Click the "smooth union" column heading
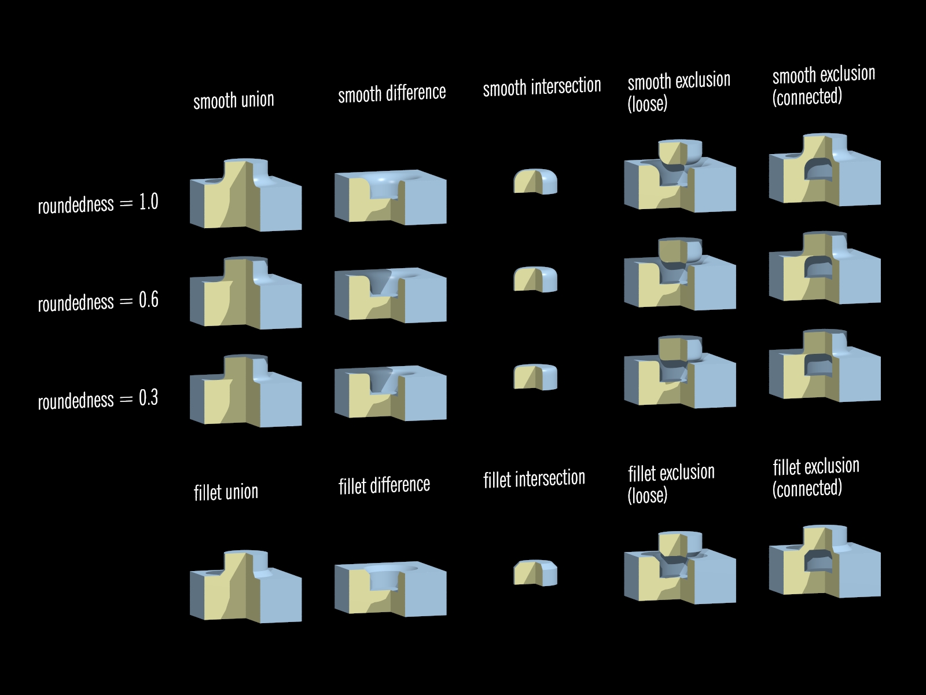pyautogui.click(x=233, y=101)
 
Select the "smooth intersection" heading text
pyautogui.click(x=542, y=87)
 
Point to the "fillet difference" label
pyautogui.click(x=384, y=485)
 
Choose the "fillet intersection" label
pyautogui.click(x=534, y=479)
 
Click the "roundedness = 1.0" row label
pyautogui.click(x=98, y=203)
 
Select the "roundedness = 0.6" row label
pyautogui.click(x=98, y=302)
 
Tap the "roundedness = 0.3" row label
pyautogui.click(x=98, y=400)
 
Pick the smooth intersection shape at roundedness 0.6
pyautogui.click(x=535, y=279)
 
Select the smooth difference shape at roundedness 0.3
pyautogui.click(x=390, y=394)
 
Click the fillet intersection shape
pyautogui.click(x=535, y=572)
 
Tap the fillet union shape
pyautogui.click(x=245, y=587)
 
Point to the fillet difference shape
pyautogui.click(x=390, y=590)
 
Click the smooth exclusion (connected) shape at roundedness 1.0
pyautogui.click(x=825, y=171)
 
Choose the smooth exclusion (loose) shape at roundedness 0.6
pyautogui.click(x=680, y=275)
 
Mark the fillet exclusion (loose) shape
pyautogui.click(x=680, y=569)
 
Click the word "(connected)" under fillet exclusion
pyautogui.click(x=807, y=489)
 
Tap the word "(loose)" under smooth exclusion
pyautogui.click(x=647, y=104)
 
